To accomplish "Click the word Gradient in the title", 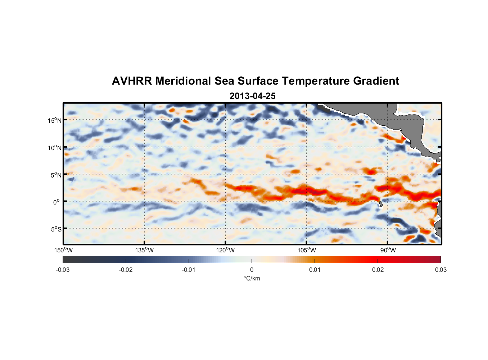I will (x=376, y=81).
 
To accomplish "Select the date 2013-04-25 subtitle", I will (x=253, y=96).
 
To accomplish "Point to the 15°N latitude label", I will (x=55, y=120).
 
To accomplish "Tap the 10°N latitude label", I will (x=55, y=148).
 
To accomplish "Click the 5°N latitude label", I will (x=56, y=175).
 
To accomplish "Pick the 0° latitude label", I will (x=57, y=202).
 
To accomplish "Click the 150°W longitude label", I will (x=63, y=250).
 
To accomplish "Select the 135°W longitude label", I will (x=144, y=250).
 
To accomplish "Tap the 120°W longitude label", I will (x=225, y=250).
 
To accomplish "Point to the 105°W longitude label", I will (x=307, y=250).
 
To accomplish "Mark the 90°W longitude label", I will (x=388, y=250).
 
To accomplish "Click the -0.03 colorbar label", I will (x=63, y=270).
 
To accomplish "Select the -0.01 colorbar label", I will (x=189, y=270).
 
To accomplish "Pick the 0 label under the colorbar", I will (x=252, y=270).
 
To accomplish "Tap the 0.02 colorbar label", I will (x=378, y=270).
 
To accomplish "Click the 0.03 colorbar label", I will (x=440, y=270).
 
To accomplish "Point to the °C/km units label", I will (x=252, y=278).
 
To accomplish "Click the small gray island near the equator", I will (x=381, y=204).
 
